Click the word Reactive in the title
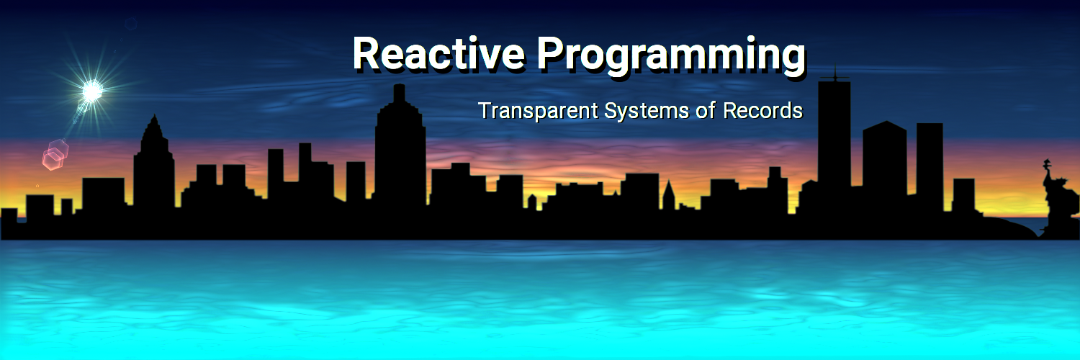(438, 53)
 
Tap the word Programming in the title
(670, 57)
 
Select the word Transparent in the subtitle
(538, 111)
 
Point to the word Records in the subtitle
(762, 110)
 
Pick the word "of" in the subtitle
(706, 110)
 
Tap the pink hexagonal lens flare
(55, 154)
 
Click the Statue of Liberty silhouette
(1058, 197)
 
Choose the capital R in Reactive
(366, 53)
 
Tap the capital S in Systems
(611, 110)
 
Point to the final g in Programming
(793, 60)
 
